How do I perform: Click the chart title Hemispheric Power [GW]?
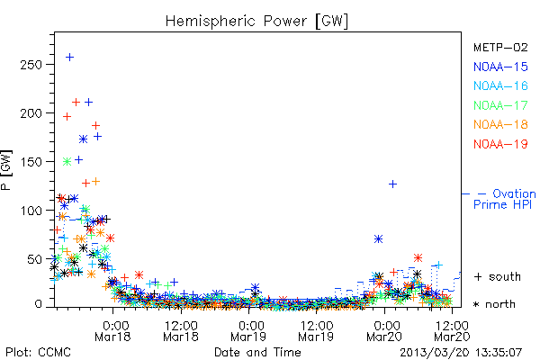(x=256, y=22)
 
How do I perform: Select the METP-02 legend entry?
(x=500, y=47)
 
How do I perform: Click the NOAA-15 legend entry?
(x=500, y=67)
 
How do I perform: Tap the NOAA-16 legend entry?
(x=500, y=85)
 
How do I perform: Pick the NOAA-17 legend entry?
(x=500, y=105)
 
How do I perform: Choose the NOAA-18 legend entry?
(x=500, y=124)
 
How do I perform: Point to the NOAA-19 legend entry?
(x=500, y=144)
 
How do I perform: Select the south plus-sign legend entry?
(x=498, y=276)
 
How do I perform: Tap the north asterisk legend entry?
(x=494, y=304)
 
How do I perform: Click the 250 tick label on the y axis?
(x=31, y=65)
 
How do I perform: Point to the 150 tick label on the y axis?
(x=31, y=162)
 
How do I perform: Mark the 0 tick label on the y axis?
(x=38, y=304)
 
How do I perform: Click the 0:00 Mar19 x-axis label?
(x=248, y=331)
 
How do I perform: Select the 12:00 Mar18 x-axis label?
(x=181, y=331)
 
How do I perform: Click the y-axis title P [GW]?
(x=6, y=170)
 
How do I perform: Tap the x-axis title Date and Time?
(x=257, y=353)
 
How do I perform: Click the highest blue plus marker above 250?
(x=69, y=57)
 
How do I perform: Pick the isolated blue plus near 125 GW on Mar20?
(x=392, y=184)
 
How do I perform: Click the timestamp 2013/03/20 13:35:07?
(x=461, y=353)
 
